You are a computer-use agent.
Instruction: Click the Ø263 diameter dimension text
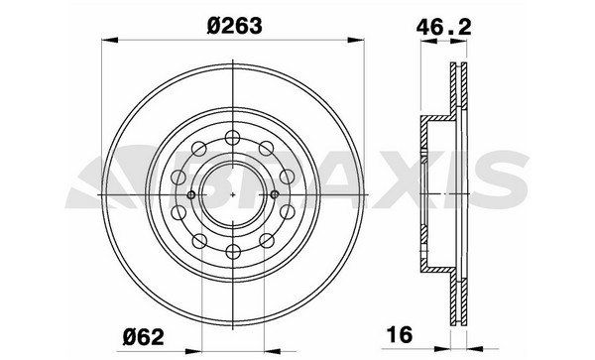click(234, 26)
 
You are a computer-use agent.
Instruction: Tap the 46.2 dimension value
click(443, 28)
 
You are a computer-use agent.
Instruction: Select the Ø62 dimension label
click(144, 336)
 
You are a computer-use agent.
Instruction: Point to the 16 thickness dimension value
click(399, 334)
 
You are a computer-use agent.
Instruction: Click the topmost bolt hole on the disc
click(233, 137)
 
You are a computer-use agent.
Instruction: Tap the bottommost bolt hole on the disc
click(233, 251)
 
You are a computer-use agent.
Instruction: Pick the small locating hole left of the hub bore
click(191, 194)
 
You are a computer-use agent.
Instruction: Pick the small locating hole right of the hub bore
click(274, 194)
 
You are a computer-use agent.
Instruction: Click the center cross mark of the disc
click(233, 194)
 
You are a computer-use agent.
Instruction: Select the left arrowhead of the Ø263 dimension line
click(110, 40)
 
